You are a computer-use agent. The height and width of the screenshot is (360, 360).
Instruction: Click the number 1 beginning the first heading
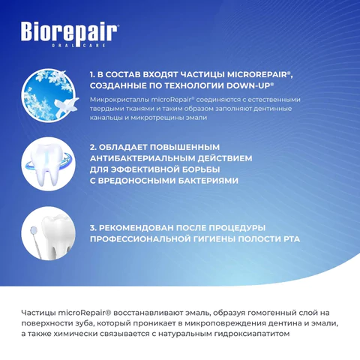pos(91,75)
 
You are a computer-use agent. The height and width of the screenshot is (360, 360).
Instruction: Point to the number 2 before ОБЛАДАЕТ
pos(92,147)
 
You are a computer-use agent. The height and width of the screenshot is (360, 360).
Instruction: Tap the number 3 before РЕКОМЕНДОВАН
pos(92,226)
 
